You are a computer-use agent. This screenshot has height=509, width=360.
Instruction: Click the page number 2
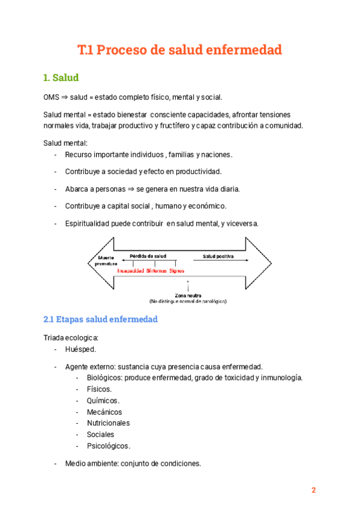tap(313, 490)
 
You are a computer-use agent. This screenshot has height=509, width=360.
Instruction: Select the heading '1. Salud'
tap(61, 77)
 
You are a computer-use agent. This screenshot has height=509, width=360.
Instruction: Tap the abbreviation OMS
tap(52, 97)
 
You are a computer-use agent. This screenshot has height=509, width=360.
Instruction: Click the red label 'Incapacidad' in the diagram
tap(130, 271)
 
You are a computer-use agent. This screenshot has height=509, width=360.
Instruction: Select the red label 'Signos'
tap(176, 271)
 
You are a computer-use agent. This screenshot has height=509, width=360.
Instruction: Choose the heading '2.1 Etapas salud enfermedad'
tap(100, 319)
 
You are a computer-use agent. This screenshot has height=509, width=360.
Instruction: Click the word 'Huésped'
tap(80, 349)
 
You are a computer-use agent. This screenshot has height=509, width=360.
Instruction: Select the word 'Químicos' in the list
tap(103, 400)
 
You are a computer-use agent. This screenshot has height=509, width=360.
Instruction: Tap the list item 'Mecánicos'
tap(104, 412)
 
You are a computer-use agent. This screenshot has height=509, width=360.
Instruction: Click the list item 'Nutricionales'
tap(108, 423)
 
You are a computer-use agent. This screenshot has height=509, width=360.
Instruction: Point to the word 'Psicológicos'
tap(108, 446)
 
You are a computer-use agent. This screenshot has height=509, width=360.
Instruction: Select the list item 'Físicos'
tap(99, 389)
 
